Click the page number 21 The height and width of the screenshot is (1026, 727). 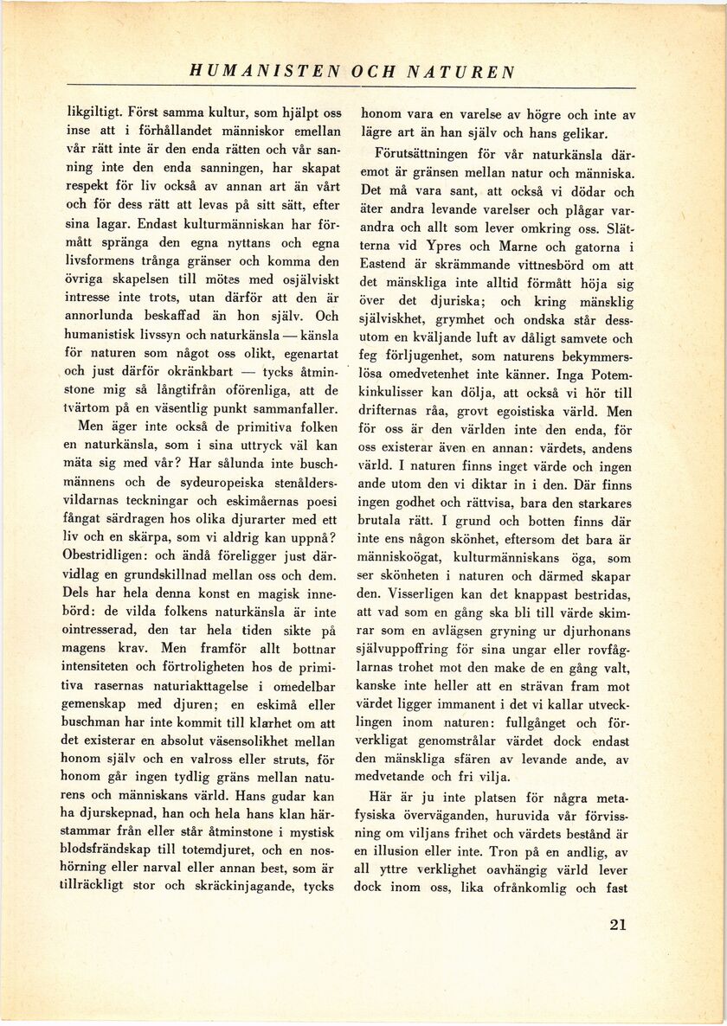pyautogui.click(x=617, y=924)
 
